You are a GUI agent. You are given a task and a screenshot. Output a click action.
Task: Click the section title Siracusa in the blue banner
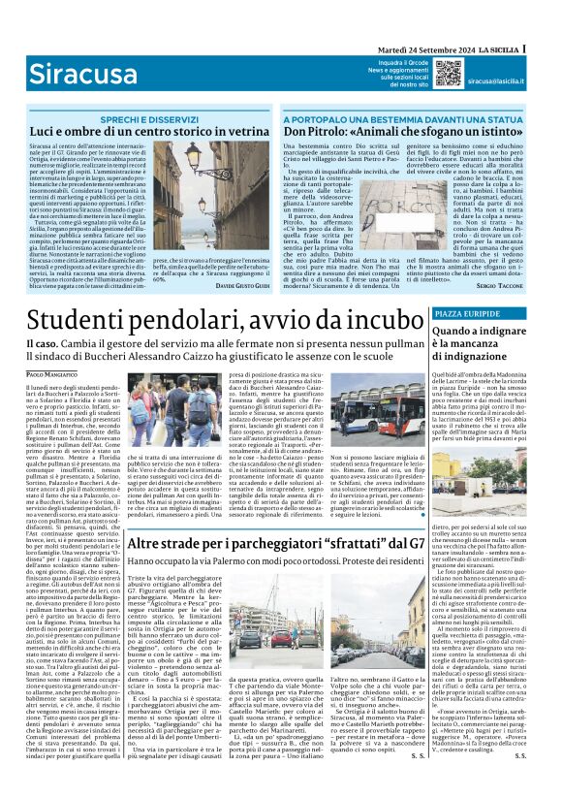point(69,73)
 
